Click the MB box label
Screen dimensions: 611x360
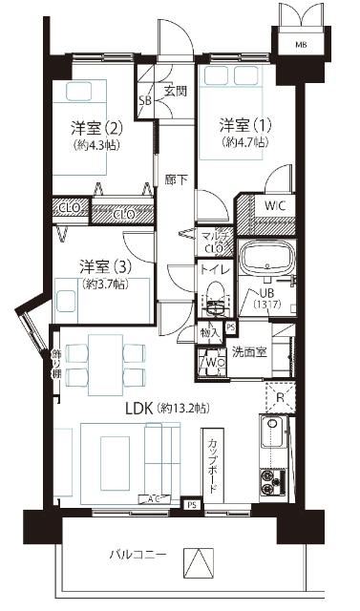pos(300,45)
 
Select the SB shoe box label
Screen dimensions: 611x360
pos(146,99)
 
